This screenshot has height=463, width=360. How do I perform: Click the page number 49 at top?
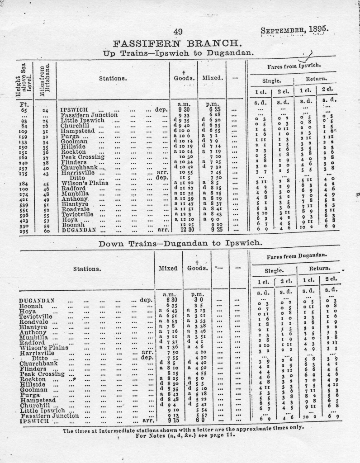coord(177,31)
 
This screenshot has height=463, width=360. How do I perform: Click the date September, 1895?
coord(294,30)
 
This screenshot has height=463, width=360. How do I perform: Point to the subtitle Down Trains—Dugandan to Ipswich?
coord(180,243)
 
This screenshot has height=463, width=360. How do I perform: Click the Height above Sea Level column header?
coord(26,79)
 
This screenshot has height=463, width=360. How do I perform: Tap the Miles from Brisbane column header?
coord(45,79)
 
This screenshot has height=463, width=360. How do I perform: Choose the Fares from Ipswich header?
coord(294,66)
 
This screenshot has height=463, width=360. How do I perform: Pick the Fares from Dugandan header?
coord(296,256)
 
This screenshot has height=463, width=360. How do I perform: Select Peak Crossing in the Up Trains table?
coord(82,156)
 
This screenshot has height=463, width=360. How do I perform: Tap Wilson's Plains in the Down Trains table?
coord(43,347)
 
